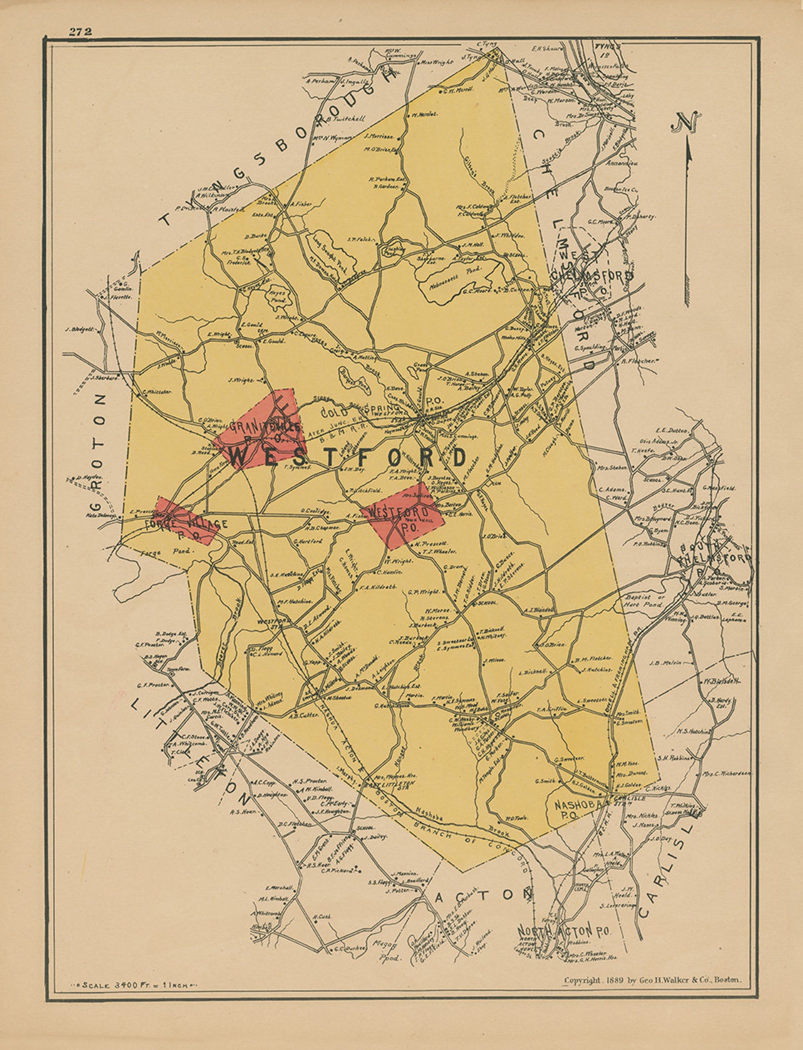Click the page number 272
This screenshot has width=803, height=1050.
pos(80,31)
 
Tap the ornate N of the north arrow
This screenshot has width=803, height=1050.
pos(686,122)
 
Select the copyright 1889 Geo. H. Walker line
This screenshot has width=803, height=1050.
pos(653,980)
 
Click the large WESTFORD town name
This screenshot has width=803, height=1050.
pos(348,458)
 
